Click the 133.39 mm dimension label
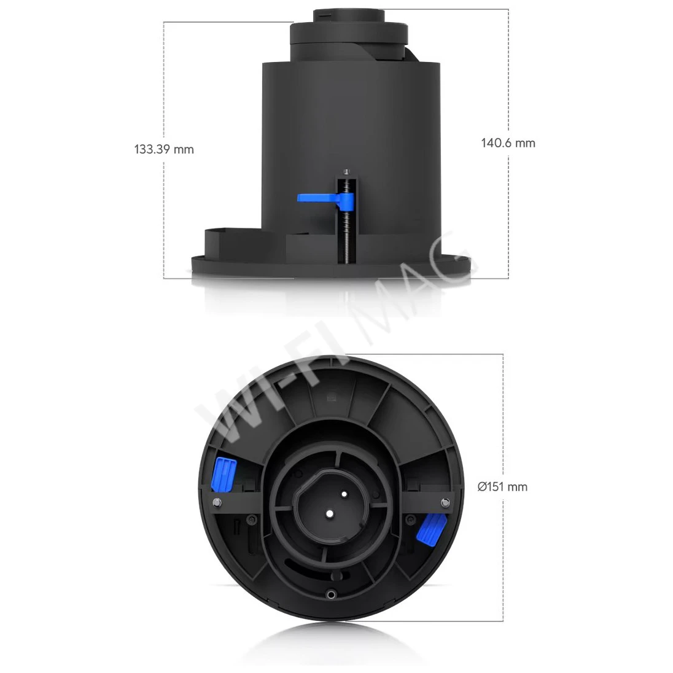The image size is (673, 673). point(164,149)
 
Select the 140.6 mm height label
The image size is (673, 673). point(508,143)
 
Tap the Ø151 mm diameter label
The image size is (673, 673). point(502,487)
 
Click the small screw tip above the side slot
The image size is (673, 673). point(346,171)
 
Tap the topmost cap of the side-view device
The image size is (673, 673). point(348,14)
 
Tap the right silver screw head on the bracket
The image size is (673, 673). point(444,503)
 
